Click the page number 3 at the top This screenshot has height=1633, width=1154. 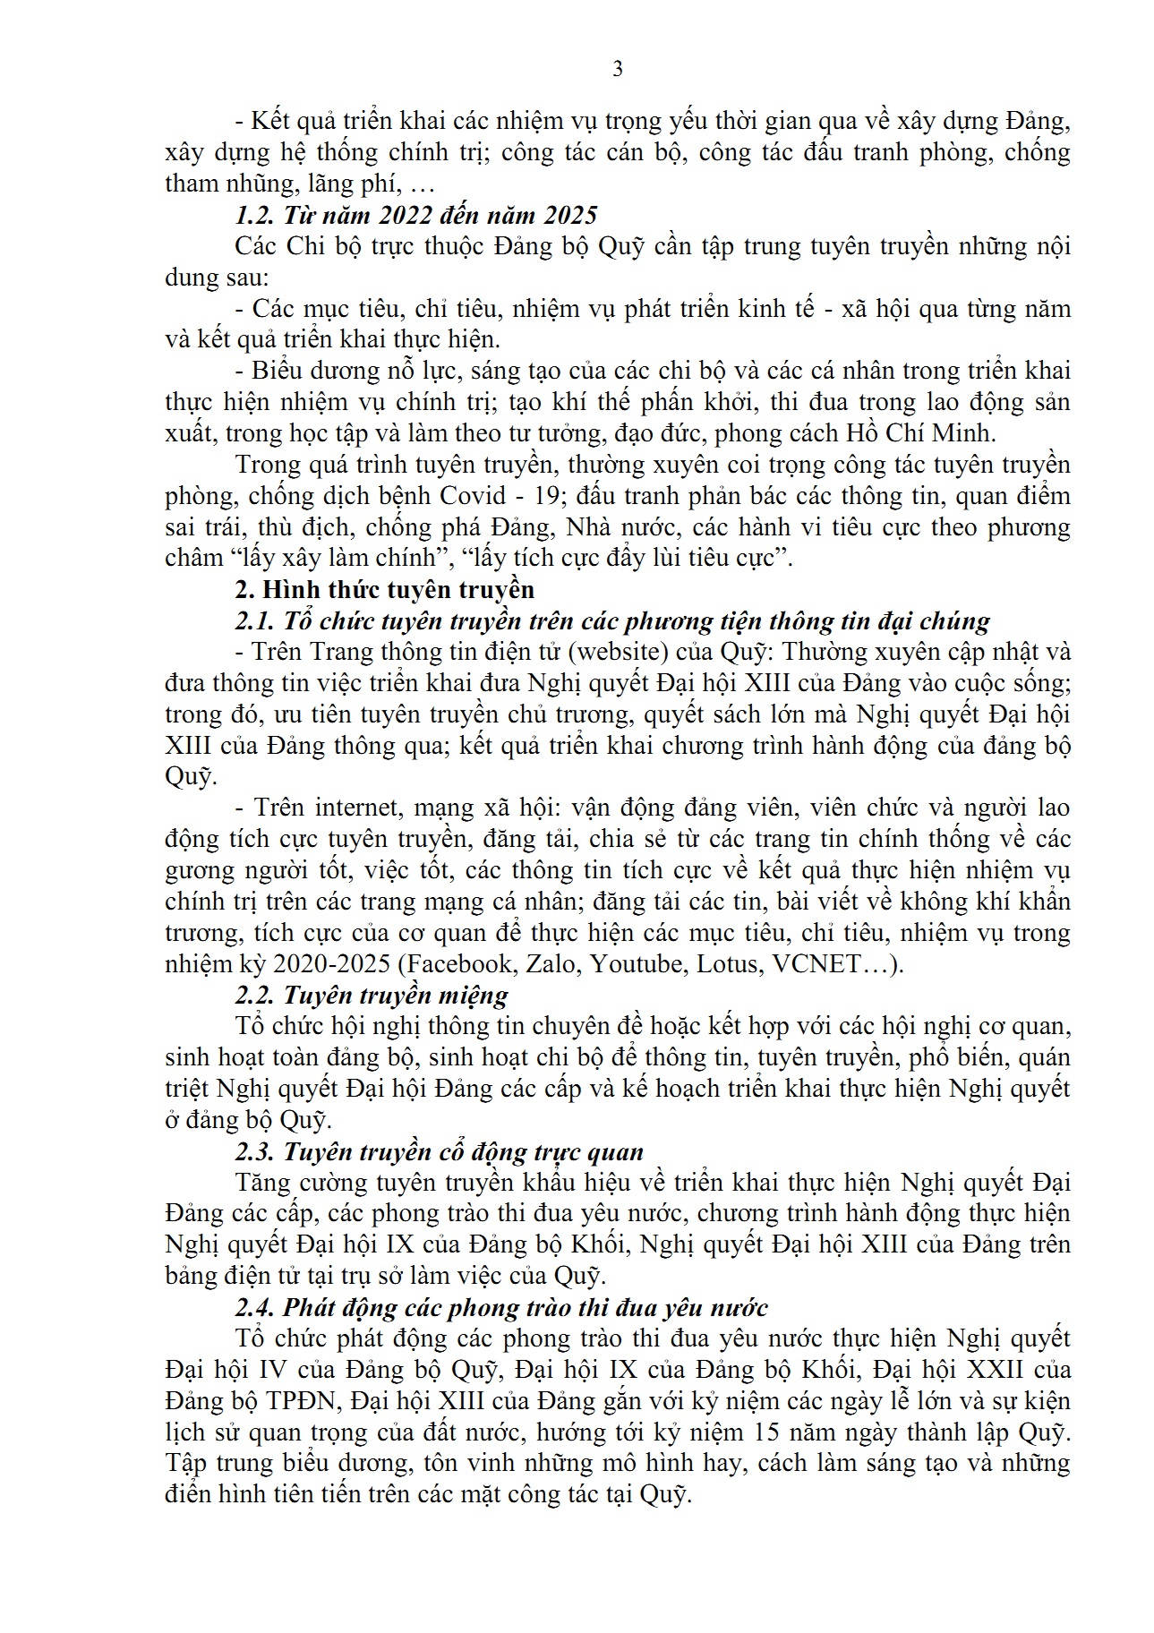(x=617, y=70)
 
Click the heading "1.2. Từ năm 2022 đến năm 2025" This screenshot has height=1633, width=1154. (x=416, y=215)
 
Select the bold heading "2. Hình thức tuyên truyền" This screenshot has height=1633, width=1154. (x=384, y=589)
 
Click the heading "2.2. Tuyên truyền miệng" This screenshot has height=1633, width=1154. (x=372, y=995)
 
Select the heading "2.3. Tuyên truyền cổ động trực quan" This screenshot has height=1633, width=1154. (x=440, y=1151)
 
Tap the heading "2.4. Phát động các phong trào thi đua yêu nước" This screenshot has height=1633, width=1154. (x=501, y=1307)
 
